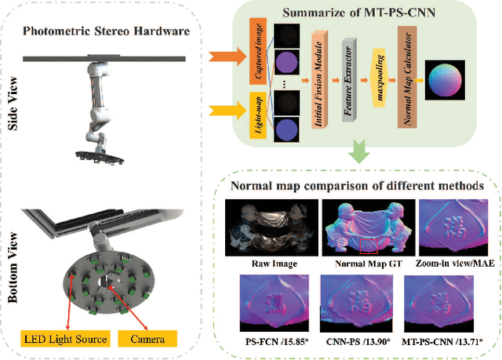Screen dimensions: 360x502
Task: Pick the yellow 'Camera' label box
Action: pyautogui.click(x=147, y=339)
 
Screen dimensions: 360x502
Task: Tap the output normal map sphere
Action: pyautogui.click(x=445, y=79)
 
